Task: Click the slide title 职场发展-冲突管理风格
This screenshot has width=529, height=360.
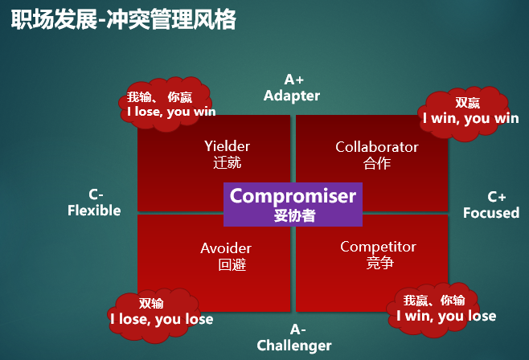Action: (124, 19)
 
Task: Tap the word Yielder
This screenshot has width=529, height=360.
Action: (227, 146)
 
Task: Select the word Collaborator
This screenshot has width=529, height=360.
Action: (377, 147)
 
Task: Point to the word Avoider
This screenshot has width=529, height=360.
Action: (226, 248)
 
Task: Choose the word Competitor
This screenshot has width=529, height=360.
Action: (378, 247)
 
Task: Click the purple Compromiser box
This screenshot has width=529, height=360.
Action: (293, 205)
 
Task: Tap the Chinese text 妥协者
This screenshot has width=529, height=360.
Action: (294, 215)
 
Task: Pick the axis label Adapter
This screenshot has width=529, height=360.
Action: (292, 96)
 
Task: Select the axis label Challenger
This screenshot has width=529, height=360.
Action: (294, 346)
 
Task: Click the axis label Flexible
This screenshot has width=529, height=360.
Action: (94, 211)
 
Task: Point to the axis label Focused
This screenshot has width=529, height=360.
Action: (491, 213)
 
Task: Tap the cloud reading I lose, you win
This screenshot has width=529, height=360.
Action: (166, 104)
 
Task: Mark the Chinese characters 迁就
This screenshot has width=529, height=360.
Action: (228, 163)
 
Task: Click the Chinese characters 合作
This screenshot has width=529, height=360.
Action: (377, 163)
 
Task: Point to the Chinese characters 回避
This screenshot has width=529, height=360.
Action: (232, 264)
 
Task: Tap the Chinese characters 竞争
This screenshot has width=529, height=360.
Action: (380, 263)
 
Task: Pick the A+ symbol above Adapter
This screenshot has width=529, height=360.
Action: (294, 80)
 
